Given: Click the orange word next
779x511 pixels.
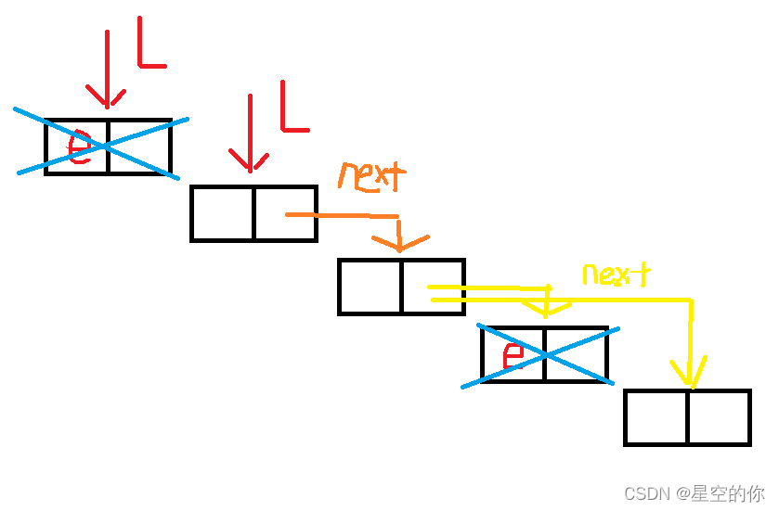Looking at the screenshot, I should click(x=372, y=175).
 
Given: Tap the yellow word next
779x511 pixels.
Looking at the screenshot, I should click(x=616, y=274).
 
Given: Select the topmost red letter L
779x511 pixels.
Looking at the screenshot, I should click(x=150, y=45).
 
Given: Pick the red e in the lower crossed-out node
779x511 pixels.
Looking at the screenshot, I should click(x=513, y=354).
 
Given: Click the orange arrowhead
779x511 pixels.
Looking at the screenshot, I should click(x=399, y=243).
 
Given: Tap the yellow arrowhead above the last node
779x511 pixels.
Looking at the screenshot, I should click(x=688, y=375).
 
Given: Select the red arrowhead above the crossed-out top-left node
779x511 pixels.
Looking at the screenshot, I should click(x=107, y=96).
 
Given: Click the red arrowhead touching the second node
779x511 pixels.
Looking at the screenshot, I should click(x=251, y=161).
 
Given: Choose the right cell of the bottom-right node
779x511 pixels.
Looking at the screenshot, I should click(x=719, y=417).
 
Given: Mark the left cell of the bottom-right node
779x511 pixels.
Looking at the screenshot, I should click(x=656, y=417).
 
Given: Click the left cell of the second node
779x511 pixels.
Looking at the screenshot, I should click(x=223, y=213).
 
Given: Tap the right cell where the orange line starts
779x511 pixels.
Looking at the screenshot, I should click(x=285, y=213).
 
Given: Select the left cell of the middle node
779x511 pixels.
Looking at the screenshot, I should click(x=370, y=287).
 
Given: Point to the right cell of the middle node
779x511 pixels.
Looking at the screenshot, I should click(x=433, y=287).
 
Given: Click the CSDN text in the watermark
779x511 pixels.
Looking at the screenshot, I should click(x=646, y=493).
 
